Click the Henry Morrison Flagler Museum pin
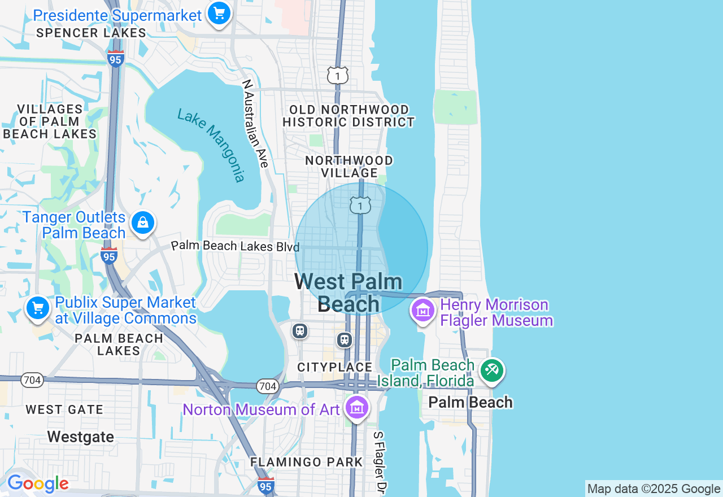click(423, 311)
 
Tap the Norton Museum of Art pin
click(357, 407)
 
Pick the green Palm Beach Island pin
click(491, 371)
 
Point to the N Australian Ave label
click(255, 123)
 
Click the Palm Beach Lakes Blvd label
click(235, 246)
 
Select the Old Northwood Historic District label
click(349, 116)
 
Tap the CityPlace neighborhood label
click(335, 368)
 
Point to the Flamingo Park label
click(307, 462)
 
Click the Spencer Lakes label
click(92, 33)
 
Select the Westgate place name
click(81, 437)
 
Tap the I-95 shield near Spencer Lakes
click(115, 58)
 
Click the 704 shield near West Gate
click(32, 380)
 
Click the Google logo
click(38, 484)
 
